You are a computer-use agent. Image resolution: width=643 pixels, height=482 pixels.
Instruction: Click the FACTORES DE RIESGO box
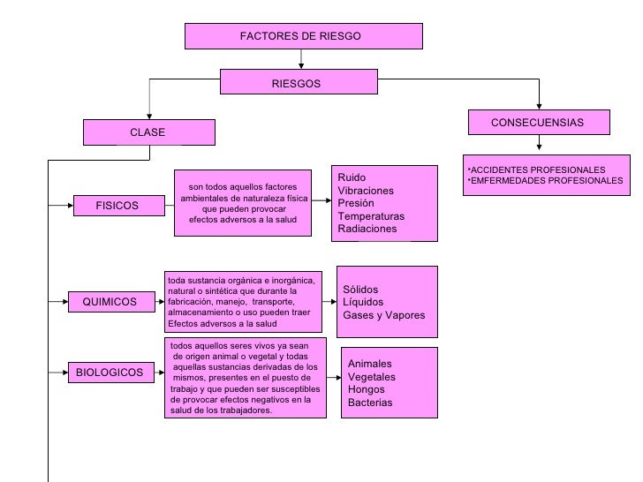[303, 36]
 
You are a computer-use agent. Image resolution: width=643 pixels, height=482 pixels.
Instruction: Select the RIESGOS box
[299, 83]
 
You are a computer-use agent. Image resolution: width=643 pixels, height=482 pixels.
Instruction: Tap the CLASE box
[148, 132]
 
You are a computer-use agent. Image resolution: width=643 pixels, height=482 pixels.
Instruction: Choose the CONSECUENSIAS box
[538, 123]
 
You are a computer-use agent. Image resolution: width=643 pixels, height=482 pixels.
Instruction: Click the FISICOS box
[117, 206]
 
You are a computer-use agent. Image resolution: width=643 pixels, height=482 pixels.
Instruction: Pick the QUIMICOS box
[110, 302]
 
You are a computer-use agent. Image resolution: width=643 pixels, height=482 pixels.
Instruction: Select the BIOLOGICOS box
[110, 373]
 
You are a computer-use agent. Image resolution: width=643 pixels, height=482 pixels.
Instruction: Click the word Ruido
[352, 178]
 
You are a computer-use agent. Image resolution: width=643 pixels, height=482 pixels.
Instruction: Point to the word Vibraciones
[366, 191]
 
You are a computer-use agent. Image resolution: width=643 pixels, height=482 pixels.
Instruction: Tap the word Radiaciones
[367, 229]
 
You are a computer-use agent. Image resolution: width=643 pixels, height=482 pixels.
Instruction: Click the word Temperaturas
[371, 216]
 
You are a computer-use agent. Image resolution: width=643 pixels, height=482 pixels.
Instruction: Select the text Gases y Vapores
[383, 315]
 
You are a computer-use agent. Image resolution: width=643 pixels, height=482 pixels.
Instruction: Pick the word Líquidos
[362, 302]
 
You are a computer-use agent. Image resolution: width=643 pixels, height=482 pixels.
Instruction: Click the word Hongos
[366, 389]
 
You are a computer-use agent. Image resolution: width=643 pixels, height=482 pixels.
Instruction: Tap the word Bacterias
[370, 403]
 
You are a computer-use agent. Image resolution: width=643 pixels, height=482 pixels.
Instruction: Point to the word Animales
[369, 364]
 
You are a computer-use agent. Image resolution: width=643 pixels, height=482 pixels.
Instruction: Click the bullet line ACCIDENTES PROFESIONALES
[536, 169]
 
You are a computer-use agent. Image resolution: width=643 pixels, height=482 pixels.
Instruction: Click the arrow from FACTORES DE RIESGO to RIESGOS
[303, 59]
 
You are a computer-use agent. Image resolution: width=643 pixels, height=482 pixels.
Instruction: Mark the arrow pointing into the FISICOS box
[60, 206]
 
